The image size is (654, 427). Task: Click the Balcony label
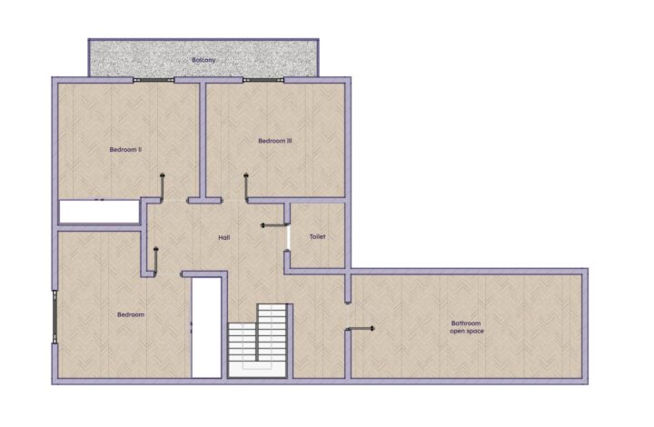pos(203,60)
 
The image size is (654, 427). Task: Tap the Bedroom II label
pos(125,149)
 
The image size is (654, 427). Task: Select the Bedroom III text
pos(275,141)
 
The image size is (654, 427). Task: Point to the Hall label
pos(224,238)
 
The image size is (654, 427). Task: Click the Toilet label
pos(317,236)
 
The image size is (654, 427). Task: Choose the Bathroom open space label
pos(466,327)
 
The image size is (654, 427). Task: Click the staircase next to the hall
pos(258,341)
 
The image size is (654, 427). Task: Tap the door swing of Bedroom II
pos(162,187)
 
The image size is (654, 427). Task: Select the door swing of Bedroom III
pos(246,187)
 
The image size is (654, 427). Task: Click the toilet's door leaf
pos(274,225)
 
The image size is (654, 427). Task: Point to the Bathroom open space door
pos(361,329)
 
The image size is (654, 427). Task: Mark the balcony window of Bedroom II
pos(154,80)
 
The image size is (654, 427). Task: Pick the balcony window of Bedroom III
pos(263,80)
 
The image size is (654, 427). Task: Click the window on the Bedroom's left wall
pos(54,316)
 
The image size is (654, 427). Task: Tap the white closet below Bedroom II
pos(99,212)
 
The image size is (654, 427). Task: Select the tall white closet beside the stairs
pos(206,328)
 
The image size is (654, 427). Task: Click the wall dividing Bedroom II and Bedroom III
pos(203,140)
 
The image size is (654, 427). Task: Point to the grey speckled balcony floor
pos(203,58)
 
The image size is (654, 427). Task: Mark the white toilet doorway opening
pos(287,238)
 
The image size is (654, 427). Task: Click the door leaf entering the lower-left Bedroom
pos(156,261)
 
